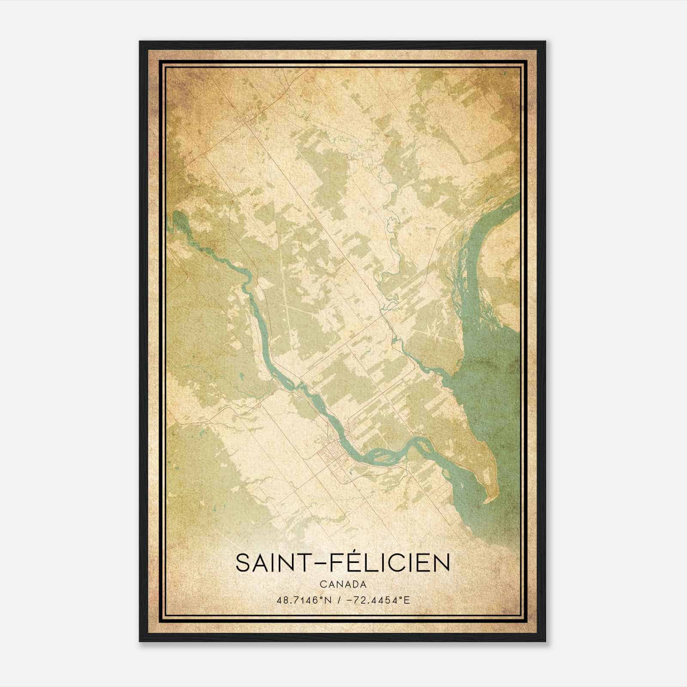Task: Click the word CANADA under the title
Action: [x=343, y=584]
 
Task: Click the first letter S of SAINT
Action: [x=242, y=563]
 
